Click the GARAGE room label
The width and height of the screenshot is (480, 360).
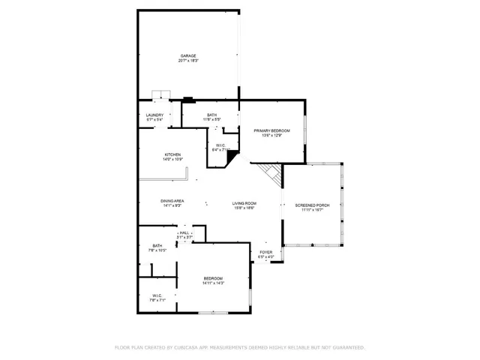pyautogui.click(x=187, y=55)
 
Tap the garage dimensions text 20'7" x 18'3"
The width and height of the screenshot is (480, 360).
pyautogui.click(x=187, y=61)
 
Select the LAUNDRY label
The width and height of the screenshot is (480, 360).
pyautogui.click(x=154, y=115)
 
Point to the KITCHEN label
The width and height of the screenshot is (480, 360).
pyautogui.click(x=172, y=154)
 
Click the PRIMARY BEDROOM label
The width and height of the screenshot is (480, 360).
pyautogui.click(x=271, y=130)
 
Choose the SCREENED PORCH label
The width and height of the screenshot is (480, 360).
pyautogui.click(x=311, y=205)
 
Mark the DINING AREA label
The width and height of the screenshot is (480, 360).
pyautogui.click(x=172, y=200)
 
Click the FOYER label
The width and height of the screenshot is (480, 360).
pyautogui.click(x=266, y=252)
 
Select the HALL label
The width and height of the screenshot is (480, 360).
pyautogui.click(x=184, y=233)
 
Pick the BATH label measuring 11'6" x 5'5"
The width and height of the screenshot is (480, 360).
pyautogui.click(x=211, y=115)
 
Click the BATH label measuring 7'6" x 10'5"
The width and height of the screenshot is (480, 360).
pyautogui.click(x=157, y=246)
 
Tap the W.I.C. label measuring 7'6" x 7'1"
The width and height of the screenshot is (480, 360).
pyautogui.click(x=157, y=295)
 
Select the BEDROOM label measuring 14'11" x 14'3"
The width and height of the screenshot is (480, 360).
pyautogui.click(x=213, y=279)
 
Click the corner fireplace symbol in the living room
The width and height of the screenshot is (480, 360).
pyautogui.click(x=271, y=176)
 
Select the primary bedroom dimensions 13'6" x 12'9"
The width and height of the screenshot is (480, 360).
pyautogui.click(x=271, y=136)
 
